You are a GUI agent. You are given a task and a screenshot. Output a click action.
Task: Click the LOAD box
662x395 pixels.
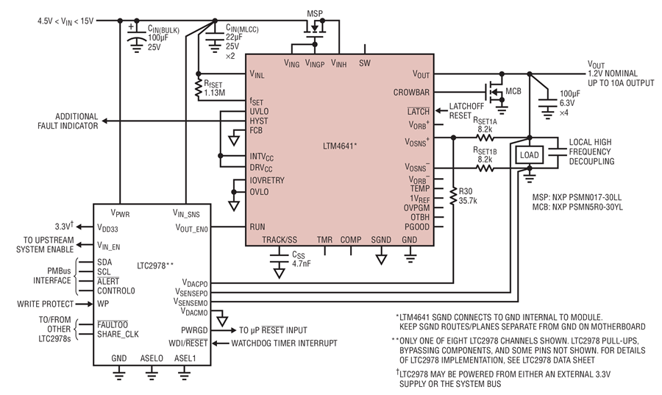click(x=529, y=155)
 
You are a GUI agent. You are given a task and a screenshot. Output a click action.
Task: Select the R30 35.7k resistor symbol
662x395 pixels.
click(x=453, y=196)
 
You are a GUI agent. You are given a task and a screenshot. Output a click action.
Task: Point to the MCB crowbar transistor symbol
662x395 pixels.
click(x=495, y=91)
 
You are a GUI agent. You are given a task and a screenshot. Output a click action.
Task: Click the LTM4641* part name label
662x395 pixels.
click(x=341, y=146)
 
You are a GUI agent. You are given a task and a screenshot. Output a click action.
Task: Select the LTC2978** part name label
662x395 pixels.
click(x=155, y=266)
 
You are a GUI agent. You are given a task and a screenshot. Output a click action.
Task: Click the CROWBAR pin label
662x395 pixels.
click(x=410, y=92)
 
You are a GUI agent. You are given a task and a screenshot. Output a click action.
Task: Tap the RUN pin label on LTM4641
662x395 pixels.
click(x=257, y=227)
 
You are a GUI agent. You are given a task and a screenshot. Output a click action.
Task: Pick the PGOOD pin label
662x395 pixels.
click(x=417, y=227)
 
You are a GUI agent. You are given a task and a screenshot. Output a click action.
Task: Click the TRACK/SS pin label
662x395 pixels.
click(x=280, y=240)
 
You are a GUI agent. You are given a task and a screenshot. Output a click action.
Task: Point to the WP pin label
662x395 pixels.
click(x=103, y=304)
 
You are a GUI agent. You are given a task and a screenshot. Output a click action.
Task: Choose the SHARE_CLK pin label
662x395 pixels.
click(x=118, y=334)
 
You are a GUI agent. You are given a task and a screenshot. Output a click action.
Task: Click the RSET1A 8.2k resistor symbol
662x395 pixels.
click(x=485, y=137)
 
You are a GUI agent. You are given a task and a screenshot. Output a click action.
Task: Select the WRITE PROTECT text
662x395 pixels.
click(x=45, y=304)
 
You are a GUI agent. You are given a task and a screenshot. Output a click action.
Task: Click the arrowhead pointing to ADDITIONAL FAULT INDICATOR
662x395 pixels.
click(x=104, y=121)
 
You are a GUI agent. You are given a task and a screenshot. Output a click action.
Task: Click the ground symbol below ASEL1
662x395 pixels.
click(x=184, y=373)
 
